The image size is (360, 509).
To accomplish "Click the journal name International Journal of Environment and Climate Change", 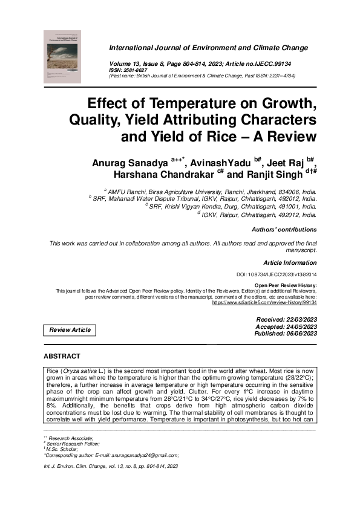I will coord(208,48).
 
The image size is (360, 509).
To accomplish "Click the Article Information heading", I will coord(290,263).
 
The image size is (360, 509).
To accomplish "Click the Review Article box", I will coord(70,330).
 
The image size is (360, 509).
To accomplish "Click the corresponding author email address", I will coord(145,455).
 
